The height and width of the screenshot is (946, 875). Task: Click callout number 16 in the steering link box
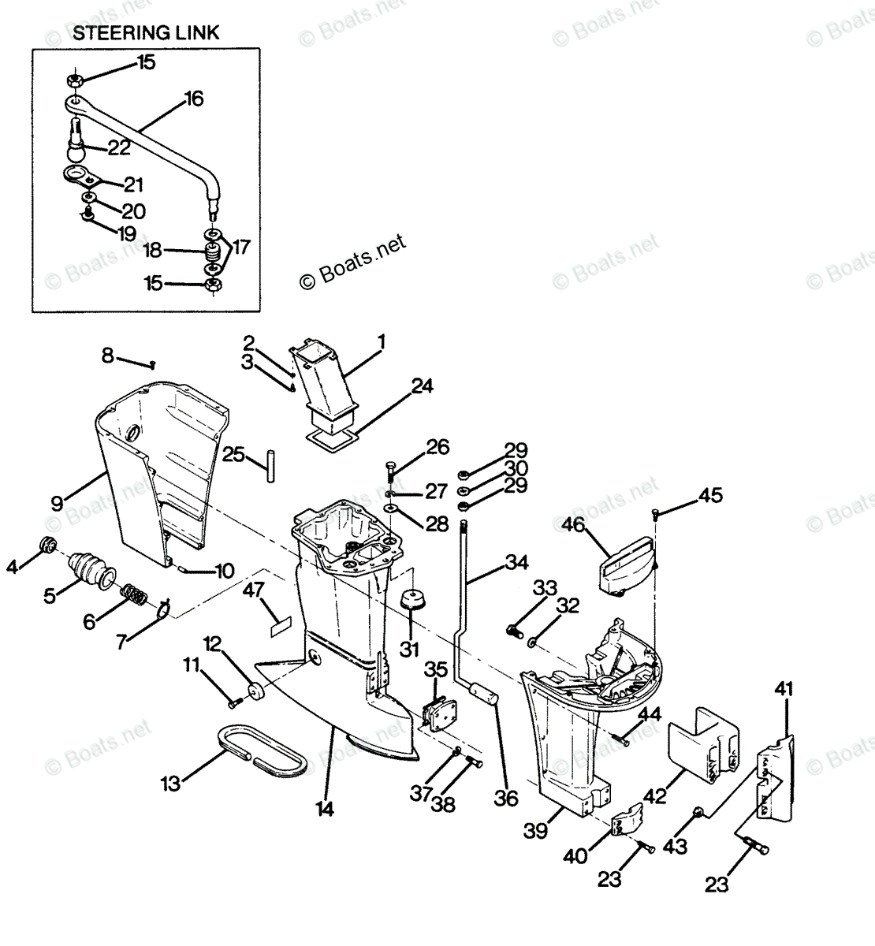(193, 99)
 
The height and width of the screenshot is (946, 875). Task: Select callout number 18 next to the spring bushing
(153, 251)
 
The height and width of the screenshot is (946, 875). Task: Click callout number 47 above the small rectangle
(252, 589)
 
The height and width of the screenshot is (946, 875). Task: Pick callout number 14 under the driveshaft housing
(326, 807)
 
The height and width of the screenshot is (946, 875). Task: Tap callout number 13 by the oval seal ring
(170, 784)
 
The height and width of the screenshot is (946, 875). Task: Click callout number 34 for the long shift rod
(517, 562)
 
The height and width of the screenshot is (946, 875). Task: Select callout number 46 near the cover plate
(573, 525)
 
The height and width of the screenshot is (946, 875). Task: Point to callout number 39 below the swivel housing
(536, 831)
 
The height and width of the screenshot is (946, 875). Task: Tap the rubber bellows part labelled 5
(87, 566)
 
